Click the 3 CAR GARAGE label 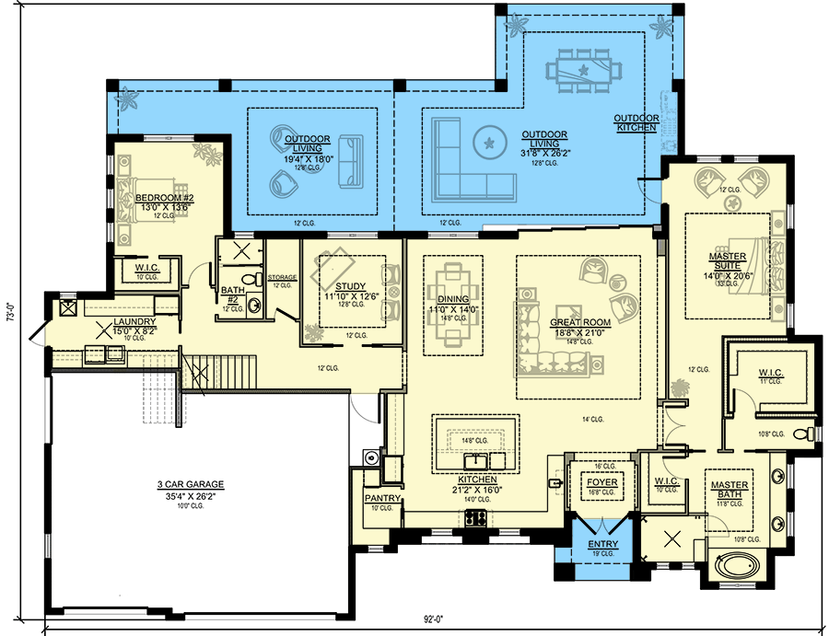[x=191, y=484]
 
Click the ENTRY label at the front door [x=603, y=545]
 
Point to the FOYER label [x=602, y=482]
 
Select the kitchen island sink [x=477, y=459]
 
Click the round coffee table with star [x=489, y=142]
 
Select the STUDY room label [x=351, y=286]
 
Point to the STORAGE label [x=282, y=276]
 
